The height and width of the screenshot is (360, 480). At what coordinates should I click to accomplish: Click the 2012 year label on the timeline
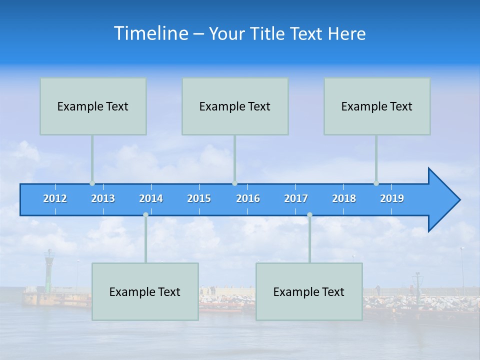coord(55,198)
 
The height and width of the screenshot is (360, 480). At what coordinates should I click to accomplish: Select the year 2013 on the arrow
coord(103,198)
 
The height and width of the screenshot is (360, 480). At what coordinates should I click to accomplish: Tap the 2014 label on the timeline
coord(151,198)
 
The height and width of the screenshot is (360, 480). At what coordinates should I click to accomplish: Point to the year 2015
coord(199,198)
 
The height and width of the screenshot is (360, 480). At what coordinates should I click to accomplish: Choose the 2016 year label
coord(248,198)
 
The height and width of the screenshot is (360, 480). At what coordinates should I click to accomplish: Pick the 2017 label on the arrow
coord(296,198)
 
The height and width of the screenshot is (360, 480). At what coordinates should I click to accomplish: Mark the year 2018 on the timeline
coord(344,198)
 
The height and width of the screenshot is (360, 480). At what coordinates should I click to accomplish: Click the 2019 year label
coord(392,198)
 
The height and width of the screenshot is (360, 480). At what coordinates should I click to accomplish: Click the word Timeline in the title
coord(150,33)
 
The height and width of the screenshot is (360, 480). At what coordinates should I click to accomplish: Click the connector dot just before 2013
coord(92,183)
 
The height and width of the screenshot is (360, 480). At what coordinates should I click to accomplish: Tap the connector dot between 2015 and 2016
coord(234,183)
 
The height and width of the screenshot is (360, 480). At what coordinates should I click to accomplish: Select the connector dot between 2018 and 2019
coord(376,183)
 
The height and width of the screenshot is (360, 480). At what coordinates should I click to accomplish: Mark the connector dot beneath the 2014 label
coord(145,215)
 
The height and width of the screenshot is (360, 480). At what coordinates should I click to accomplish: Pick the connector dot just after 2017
coord(309,215)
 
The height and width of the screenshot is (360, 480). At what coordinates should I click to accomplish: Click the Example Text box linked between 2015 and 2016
coord(235,106)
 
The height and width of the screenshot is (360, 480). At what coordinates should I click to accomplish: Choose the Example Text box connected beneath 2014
coord(145,291)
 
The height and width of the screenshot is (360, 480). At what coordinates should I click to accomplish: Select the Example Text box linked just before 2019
coord(377,106)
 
